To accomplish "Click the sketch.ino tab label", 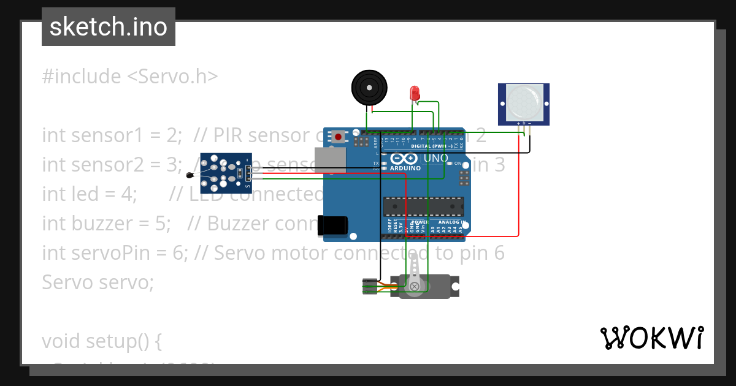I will click(108, 27).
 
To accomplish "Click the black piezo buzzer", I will click(370, 88).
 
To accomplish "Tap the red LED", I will click(415, 93).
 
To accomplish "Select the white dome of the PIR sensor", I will click(524, 102).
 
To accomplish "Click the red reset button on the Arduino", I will click(338, 137).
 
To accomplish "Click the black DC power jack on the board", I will click(332, 225).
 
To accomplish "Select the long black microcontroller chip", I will click(423, 206).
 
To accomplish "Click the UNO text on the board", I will click(436, 158).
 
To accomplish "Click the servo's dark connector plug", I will click(369, 286).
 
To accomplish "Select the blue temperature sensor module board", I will click(226, 172).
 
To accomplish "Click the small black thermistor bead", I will click(190, 176).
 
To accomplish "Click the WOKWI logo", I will click(651, 338).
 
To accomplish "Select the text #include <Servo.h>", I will click(130, 77).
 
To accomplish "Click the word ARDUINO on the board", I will click(405, 168).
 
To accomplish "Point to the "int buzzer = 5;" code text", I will click(106, 224).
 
